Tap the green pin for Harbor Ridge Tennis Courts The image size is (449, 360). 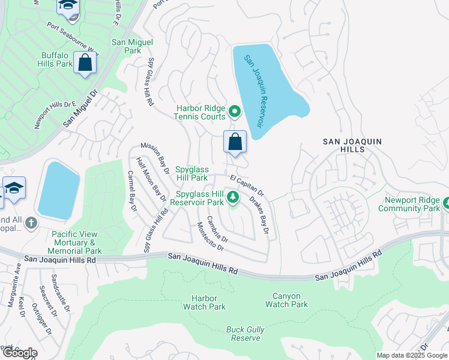tap(235, 111)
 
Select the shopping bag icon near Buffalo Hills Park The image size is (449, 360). tap(85, 62)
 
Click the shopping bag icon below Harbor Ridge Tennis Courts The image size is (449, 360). tap(235, 142)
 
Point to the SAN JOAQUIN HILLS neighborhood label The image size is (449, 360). tap(352, 146)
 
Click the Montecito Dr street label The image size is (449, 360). tap(211, 236)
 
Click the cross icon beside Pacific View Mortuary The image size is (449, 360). tap(31, 223)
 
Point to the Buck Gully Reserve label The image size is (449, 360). tap(243, 334)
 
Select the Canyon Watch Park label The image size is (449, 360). tap(286, 300)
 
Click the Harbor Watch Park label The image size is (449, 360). tap(208, 302)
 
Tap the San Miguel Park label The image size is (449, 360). tap(132, 47)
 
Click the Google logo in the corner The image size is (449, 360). tap(19, 353)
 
